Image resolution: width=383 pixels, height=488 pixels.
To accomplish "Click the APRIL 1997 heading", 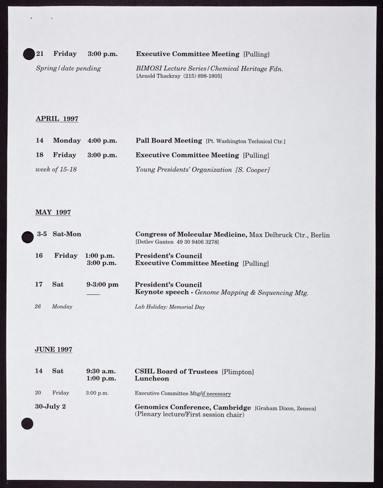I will [x=57, y=118].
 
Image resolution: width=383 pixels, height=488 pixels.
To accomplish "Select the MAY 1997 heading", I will [x=53, y=212].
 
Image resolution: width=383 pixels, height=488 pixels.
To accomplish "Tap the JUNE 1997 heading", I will [x=54, y=350].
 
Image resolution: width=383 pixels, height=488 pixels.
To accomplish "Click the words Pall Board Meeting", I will [x=169, y=141].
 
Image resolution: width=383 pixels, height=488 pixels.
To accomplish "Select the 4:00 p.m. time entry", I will [x=102, y=141].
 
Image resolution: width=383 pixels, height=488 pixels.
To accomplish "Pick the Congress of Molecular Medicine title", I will [x=191, y=234].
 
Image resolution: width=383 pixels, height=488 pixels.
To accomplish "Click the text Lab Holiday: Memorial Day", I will [x=170, y=307].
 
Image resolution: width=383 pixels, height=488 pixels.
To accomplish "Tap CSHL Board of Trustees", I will [x=176, y=371].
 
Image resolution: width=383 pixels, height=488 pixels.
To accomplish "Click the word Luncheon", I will [x=153, y=379].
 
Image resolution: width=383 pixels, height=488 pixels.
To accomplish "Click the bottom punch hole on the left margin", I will [x=27, y=423].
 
